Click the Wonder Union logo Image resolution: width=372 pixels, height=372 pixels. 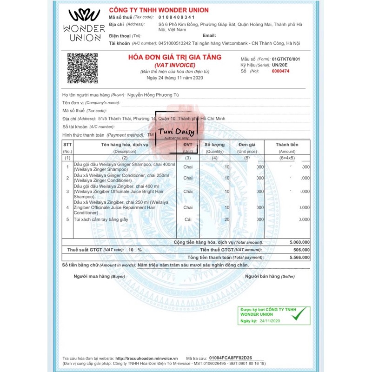tap(84, 25)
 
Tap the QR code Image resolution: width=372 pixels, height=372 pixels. tap(83, 68)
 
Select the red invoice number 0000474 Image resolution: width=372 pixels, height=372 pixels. tap(280, 71)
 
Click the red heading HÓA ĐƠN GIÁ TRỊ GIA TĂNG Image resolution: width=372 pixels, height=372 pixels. tap(175, 57)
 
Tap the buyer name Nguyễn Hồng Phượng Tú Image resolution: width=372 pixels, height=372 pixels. tap(153, 95)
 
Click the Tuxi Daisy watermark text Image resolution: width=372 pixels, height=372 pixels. tap(177, 133)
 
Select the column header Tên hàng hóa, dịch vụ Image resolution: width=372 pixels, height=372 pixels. tap(125, 145)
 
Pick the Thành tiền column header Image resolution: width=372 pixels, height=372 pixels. tap(287, 145)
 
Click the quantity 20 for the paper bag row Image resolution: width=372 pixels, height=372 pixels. tap(227, 219)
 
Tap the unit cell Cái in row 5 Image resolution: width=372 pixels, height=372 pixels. tap(188, 219)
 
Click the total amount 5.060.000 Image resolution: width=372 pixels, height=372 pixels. tap(299, 242)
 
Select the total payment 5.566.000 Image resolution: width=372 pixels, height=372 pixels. tap(299, 257)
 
